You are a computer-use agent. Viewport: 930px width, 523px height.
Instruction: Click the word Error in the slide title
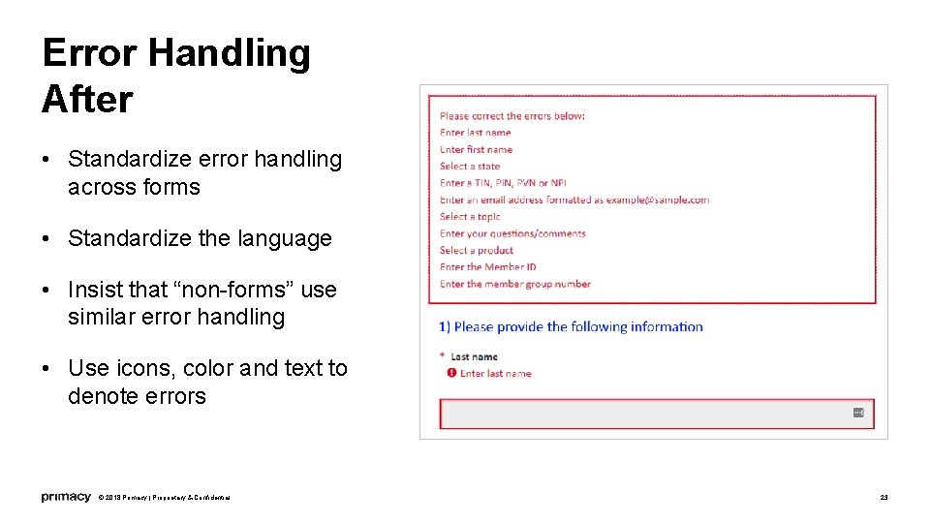[x=88, y=53]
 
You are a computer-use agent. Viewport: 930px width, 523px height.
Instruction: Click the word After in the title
[x=87, y=99]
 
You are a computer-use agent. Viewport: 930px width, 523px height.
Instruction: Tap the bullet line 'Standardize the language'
[x=200, y=238]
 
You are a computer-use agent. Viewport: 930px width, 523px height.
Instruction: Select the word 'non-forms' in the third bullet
[x=226, y=290]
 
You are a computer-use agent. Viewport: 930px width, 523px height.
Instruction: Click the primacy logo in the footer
[x=66, y=497]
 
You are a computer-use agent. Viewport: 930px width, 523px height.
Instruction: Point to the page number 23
[x=883, y=497]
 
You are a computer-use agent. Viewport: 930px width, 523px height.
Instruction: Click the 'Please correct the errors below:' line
[x=512, y=116]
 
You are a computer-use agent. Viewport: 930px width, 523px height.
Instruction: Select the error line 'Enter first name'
[x=476, y=150]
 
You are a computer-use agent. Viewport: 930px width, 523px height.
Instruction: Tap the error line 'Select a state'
[x=470, y=167]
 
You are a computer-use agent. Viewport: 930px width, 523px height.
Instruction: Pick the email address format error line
[x=573, y=200]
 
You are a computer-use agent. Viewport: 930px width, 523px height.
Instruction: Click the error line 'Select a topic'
[x=470, y=217]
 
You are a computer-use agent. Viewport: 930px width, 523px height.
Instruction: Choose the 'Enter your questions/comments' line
[x=512, y=233]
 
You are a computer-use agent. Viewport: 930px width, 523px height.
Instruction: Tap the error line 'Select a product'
[x=477, y=250]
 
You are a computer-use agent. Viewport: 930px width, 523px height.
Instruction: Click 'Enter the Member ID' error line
[x=488, y=267]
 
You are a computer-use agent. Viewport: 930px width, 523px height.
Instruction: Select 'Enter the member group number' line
[x=514, y=284]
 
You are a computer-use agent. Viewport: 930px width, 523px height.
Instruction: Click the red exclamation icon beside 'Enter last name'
[x=451, y=373]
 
